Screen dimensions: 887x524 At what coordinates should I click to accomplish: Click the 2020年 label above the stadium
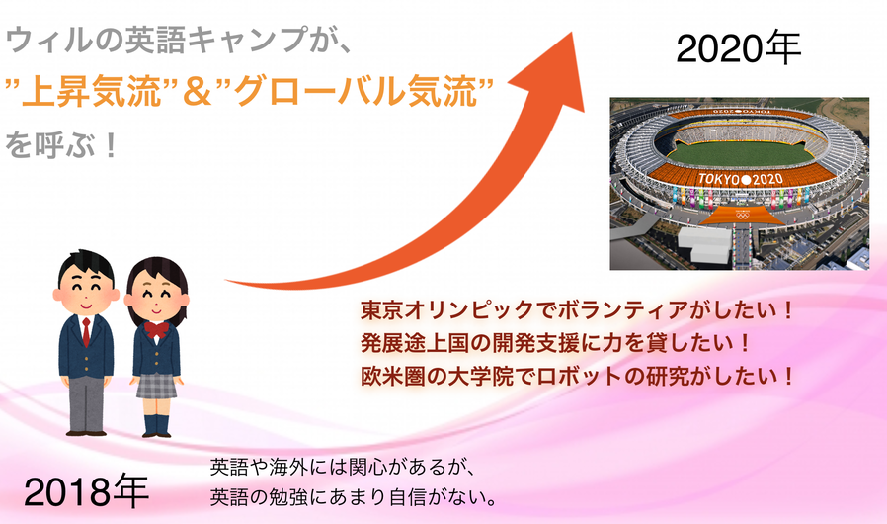(x=738, y=48)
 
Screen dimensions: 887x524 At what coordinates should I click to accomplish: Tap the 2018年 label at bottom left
(x=86, y=491)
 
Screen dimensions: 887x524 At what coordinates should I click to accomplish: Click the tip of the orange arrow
(x=572, y=33)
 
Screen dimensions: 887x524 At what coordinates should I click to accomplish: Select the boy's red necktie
(x=86, y=332)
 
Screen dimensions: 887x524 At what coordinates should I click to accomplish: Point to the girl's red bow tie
(x=156, y=328)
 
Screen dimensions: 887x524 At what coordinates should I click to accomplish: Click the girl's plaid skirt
(x=156, y=386)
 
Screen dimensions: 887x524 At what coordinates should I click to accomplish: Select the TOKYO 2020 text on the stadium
(x=740, y=180)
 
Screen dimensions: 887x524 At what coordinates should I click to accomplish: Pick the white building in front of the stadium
(x=704, y=245)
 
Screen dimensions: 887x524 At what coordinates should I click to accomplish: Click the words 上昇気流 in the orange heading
(x=92, y=91)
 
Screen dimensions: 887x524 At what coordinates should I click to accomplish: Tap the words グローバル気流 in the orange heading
(x=357, y=91)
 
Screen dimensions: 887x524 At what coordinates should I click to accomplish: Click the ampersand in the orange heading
(x=198, y=92)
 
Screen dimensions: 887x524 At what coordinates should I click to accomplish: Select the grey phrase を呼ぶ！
(x=61, y=144)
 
